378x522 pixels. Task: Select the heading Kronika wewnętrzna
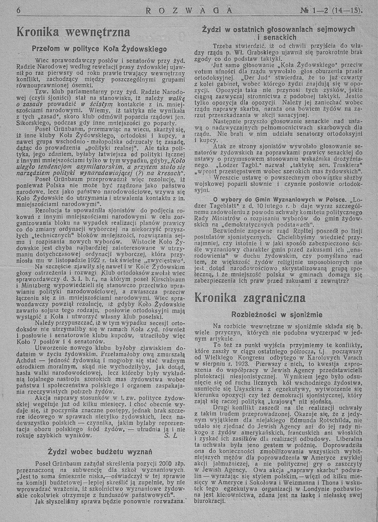pos(74,33)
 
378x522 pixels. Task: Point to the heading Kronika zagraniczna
pos(250,297)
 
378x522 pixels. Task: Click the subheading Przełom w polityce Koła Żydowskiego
pos(99,49)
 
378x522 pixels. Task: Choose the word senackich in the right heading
pos(280,37)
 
